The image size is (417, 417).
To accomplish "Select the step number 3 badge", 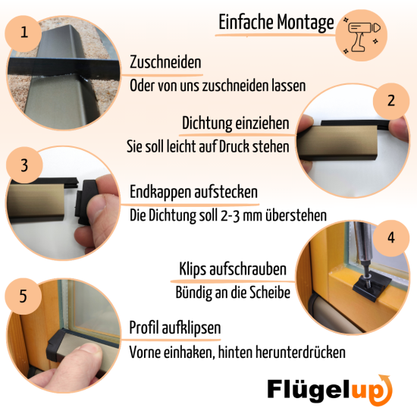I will [24, 165].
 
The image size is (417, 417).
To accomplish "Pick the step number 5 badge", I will [24, 295].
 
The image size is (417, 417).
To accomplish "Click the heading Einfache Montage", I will [275, 23].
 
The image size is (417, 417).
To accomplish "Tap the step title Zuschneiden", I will [165, 61].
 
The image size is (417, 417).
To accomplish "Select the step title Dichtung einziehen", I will [236, 123].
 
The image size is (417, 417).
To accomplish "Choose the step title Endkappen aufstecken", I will [194, 191].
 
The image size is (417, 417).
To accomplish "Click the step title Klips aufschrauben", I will [232, 268].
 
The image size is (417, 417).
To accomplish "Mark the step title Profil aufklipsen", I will [175, 328].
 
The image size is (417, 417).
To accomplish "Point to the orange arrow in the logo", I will [381, 389].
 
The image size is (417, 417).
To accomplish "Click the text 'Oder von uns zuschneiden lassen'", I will [218, 86].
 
